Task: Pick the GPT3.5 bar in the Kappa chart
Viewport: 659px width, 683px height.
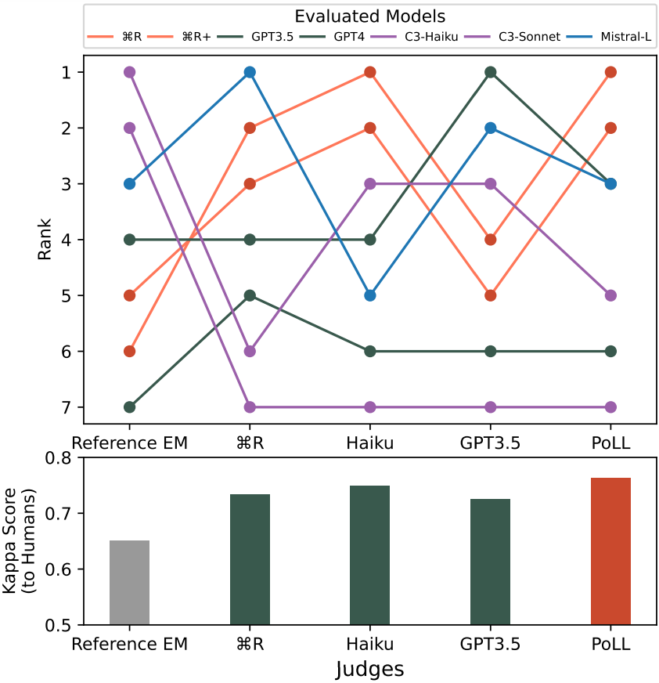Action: tap(490, 562)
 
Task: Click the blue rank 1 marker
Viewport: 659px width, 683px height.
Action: tap(250, 72)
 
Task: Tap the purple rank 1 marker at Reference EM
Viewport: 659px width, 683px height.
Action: tap(130, 72)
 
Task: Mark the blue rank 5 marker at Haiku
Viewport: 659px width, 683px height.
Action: tap(370, 295)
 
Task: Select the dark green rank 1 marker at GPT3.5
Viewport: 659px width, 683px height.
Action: tap(490, 72)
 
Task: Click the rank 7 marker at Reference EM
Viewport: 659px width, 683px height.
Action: tap(130, 407)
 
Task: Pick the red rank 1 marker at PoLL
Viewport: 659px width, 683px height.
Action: tap(610, 72)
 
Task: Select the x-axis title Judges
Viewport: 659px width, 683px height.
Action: tap(370, 670)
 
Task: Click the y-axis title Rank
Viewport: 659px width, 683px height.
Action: tap(44, 240)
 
